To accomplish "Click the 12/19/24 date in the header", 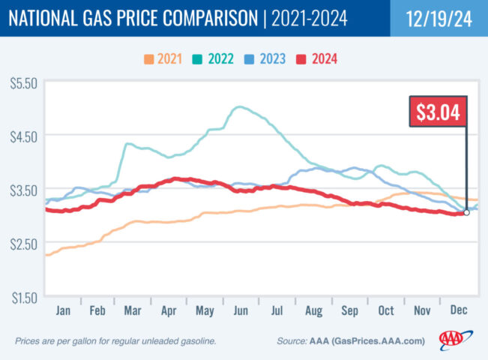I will (x=439, y=18).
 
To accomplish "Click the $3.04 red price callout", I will (x=439, y=113).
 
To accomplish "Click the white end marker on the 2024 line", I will (x=466, y=212).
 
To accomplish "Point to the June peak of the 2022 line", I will (x=239, y=107).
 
